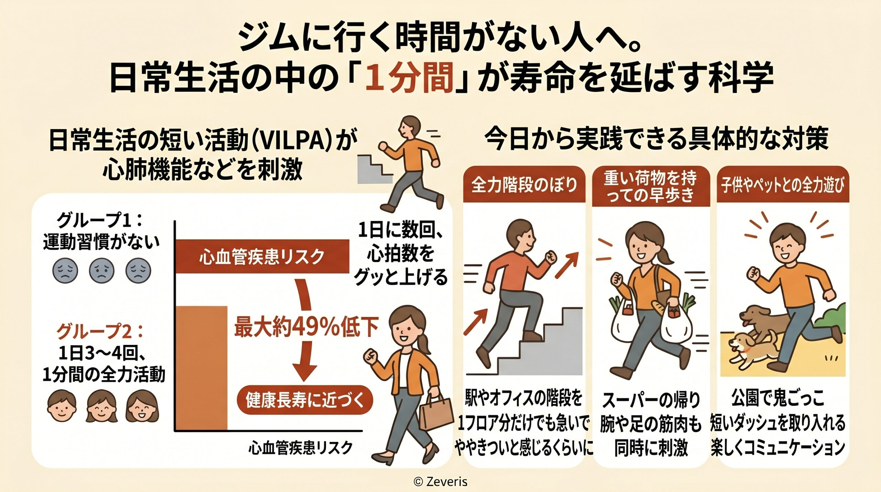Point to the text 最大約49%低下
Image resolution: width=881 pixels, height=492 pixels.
point(306,327)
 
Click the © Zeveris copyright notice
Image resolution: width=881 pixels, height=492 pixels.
point(440,481)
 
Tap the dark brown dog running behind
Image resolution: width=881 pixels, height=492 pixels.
point(762,320)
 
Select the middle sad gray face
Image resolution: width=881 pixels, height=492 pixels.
point(101,271)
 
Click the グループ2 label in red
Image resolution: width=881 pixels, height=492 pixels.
point(100,331)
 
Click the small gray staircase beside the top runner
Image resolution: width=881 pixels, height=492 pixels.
point(373,170)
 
